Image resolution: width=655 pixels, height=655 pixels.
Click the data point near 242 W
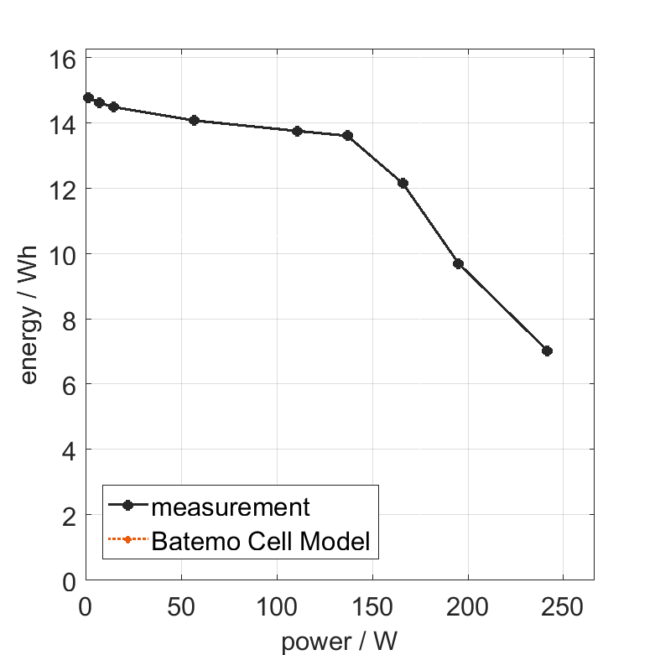click(547, 351)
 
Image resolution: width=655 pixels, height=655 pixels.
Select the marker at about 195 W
click(458, 263)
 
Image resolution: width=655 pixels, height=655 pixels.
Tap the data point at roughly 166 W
click(403, 183)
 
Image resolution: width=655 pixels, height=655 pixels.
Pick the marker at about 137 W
click(347, 135)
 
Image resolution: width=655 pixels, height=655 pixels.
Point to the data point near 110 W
click(297, 131)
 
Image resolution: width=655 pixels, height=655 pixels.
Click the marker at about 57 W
click(194, 120)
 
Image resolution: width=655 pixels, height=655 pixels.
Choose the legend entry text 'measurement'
click(231, 507)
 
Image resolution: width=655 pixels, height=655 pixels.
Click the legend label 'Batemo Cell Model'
click(261, 541)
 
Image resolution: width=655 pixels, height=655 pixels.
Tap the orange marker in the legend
click(127, 539)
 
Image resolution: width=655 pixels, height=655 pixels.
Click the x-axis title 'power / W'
click(339, 642)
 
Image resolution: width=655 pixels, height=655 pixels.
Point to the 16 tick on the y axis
click(66, 59)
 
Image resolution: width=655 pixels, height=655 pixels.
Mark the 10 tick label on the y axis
click(66, 254)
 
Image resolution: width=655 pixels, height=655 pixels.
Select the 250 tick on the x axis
click(563, 606)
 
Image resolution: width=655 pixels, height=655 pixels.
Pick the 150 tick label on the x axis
click(372, 606)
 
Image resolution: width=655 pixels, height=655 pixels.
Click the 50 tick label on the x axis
click(182, 606)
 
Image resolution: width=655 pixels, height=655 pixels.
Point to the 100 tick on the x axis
click(277, 606)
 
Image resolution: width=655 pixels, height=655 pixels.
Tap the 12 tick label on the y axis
click(66, 190)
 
